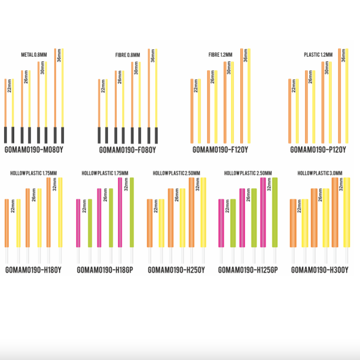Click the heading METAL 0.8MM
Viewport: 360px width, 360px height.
[x=35, y=55]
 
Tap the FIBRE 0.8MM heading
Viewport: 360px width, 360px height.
[x=127, y=55]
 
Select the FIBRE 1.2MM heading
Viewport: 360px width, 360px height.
[x=220, y=55]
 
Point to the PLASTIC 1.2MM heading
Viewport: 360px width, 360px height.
[x=318, y=55]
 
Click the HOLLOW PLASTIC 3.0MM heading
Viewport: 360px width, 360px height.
[x=318, y=174]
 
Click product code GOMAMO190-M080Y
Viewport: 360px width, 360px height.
[x=34, y=150]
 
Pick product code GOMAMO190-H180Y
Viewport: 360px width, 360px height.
[x=34, y=270]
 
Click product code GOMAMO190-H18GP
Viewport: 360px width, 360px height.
[x=104, y=270]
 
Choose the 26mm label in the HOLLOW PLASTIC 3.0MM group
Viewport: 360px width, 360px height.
[x=320, y=195]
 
